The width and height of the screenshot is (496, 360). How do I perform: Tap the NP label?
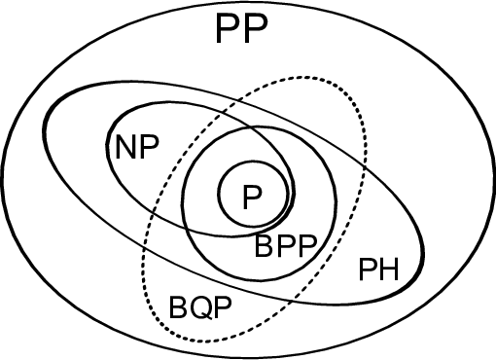[137, 148]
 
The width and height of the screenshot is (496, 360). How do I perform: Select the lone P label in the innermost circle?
[252, 198]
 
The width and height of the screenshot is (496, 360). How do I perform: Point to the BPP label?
[287, 247]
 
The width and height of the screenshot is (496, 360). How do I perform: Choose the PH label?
[378, 269]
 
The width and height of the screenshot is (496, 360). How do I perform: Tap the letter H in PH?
[389, 269]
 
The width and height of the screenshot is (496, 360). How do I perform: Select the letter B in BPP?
[265, 247]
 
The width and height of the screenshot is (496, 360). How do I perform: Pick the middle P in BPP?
[287, 247]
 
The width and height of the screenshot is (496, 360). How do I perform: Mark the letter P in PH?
[368, 269]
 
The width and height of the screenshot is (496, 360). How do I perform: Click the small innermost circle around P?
[216, 195]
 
